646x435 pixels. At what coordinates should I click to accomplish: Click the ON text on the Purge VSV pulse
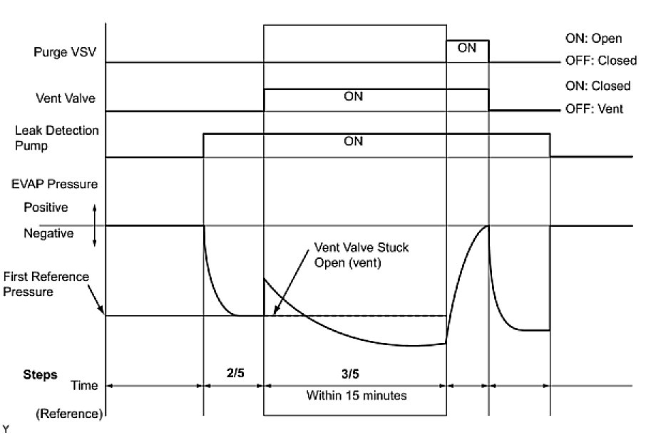[x=467, y=48]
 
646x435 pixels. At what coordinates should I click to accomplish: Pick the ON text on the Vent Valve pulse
[x=354, y=97]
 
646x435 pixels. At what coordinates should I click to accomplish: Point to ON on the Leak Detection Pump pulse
[x=354, y=141]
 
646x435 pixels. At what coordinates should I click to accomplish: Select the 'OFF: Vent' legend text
[x=598, y=109]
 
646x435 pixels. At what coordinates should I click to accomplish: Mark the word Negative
[x=48, y=233]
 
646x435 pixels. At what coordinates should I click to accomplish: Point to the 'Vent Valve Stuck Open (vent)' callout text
[x=361, y=254]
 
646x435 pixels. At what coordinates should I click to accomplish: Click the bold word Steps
[x=40, y=374]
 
